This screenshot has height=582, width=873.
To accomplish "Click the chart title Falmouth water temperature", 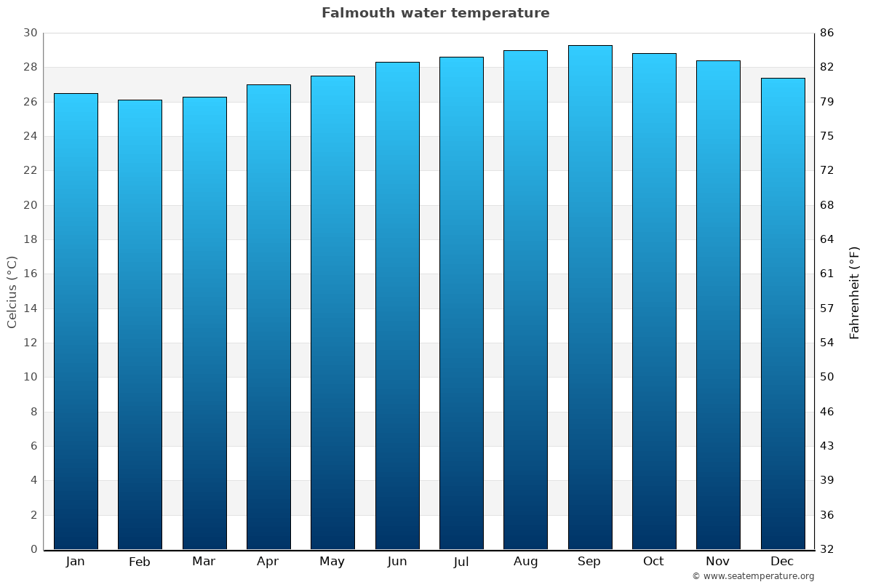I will coord(435,13).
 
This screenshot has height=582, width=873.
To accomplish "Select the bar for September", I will coord(590,298).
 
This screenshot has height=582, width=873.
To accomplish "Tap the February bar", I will coord(140,324).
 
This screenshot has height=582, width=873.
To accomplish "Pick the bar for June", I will coord(397,306).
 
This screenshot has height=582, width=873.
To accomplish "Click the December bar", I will coord(783,314).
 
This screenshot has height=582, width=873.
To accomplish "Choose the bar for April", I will coord(268,317).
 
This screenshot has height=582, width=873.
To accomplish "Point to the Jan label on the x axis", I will coord(75,562).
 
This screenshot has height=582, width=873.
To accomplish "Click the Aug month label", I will coord(525,562).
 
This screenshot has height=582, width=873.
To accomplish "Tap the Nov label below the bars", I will coord(718,562).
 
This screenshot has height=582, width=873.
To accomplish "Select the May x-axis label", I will coord(332,562).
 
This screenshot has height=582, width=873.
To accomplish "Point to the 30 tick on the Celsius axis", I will coord(30,33).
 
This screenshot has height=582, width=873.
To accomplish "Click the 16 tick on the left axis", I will coord(30,274).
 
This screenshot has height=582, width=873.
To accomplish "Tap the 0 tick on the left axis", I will coord(33,549).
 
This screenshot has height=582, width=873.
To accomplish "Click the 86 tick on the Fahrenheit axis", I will coord(827,33).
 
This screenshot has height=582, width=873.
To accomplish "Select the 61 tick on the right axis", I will coord(827,274).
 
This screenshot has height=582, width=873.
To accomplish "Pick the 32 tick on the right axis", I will coord(827,549).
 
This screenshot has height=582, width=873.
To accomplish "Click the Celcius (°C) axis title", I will coord(12,292).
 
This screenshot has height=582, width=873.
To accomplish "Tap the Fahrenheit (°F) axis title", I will coord(855,292).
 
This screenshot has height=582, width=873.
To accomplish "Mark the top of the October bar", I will coord(654,54).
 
